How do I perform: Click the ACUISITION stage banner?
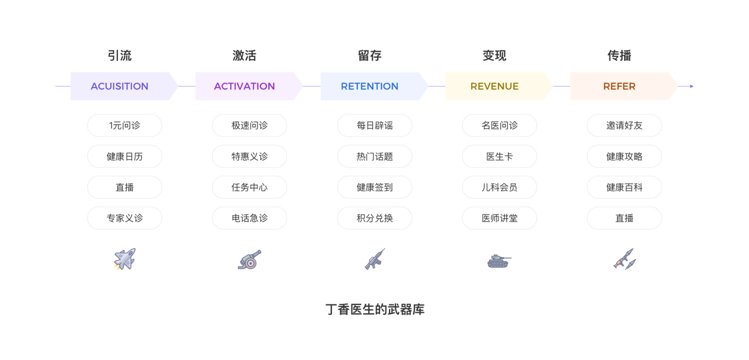[120, 86]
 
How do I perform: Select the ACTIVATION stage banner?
[245, 86]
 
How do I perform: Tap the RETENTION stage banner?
[370, 86]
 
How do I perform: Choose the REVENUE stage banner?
[494, 86]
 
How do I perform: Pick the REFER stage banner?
[619, 86]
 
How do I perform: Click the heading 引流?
[120, 55]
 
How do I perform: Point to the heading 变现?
[494, 55]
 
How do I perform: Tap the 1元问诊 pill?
[124, 125]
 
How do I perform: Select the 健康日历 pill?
[124, 156]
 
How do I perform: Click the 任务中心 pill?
[249, 187]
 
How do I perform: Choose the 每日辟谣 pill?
[374, 125]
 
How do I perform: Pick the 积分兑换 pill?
[374, 218]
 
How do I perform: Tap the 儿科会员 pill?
[499, 187]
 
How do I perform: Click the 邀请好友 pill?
[624, 125]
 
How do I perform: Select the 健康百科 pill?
[624, 187]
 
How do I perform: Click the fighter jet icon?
[124, 259]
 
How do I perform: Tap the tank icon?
[499, 261]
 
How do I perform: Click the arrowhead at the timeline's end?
[692, 86]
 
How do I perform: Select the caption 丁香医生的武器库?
[374, 310]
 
